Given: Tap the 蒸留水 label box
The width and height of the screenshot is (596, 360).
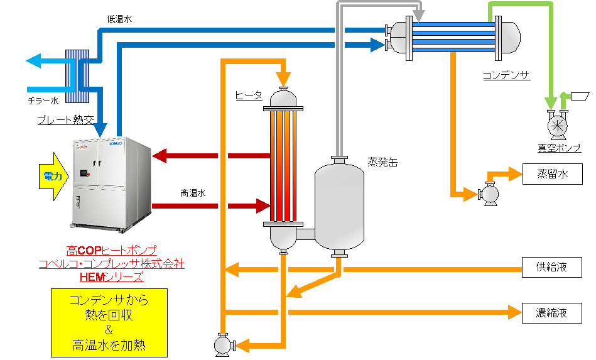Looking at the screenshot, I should point(552,175).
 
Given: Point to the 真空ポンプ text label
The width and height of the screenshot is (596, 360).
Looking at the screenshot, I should point(559,148).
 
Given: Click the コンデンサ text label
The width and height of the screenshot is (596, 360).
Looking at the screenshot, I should point(506,76).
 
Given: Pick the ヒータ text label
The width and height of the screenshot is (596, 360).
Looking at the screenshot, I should point(249,95).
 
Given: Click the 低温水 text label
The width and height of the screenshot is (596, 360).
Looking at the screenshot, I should point(120,19).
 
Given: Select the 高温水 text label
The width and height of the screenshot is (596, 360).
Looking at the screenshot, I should point(193,193).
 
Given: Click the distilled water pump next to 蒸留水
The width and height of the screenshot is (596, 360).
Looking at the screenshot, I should point(489,194).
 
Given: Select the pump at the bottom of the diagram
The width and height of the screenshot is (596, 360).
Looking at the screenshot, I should point(221,345).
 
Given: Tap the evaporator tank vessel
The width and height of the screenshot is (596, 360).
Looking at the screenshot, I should point(339,207).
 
